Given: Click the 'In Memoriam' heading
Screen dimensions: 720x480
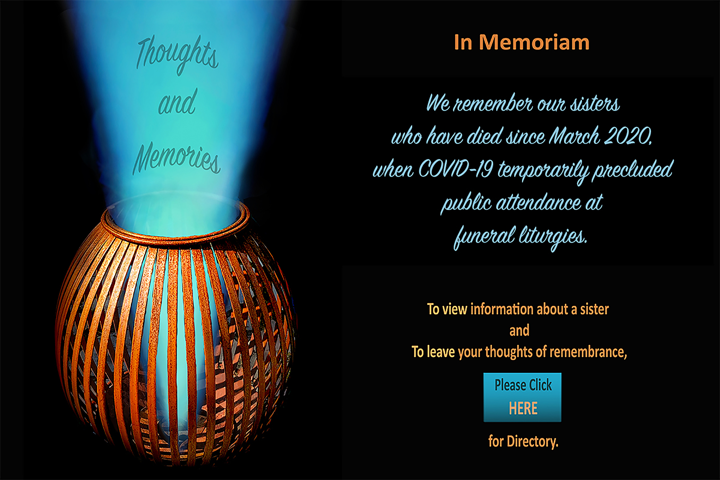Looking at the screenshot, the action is point(522,42).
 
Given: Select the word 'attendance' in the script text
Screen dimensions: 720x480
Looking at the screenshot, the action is point(538,203).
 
